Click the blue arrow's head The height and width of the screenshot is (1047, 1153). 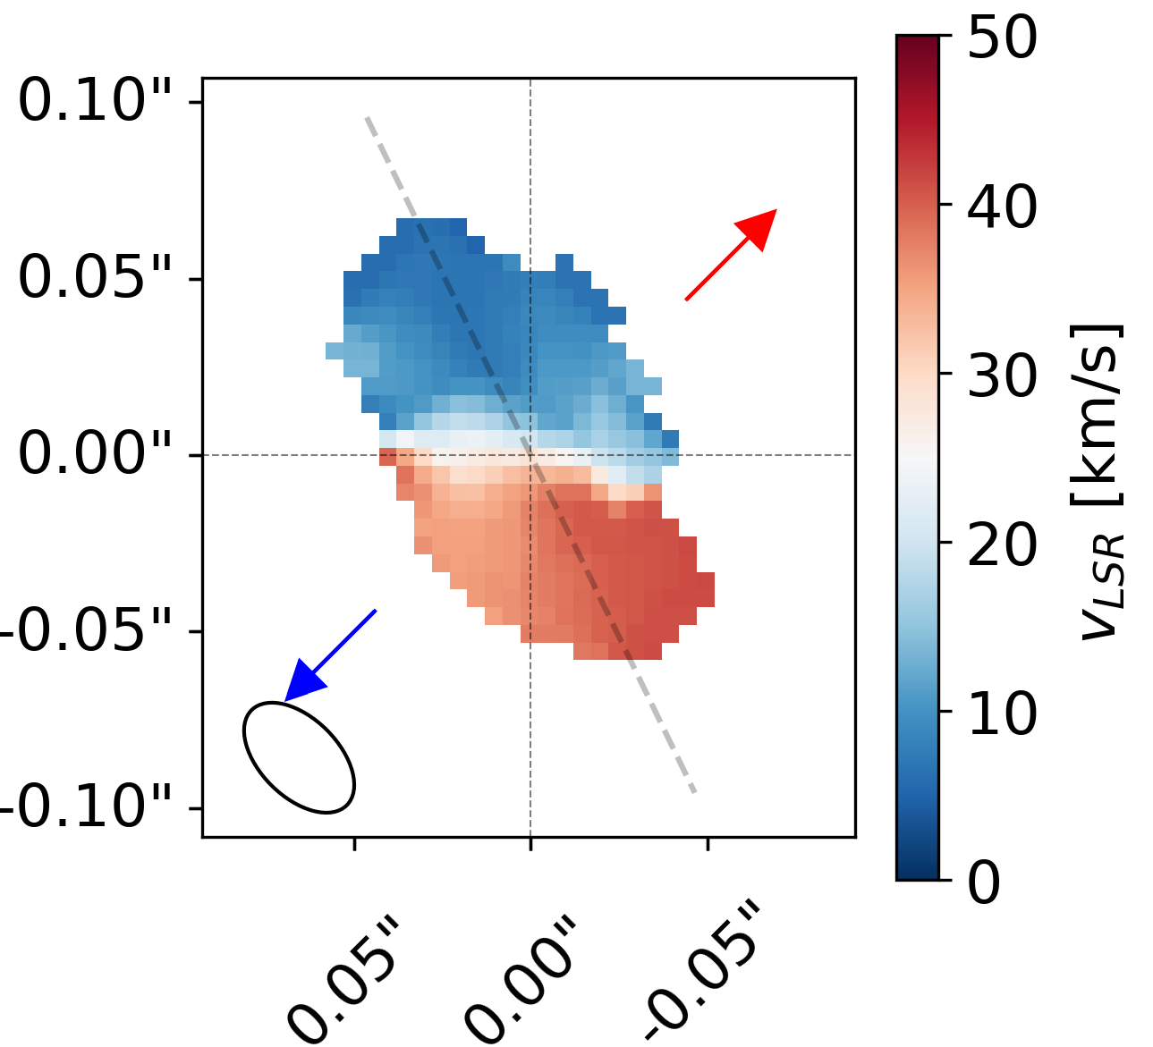point(301,681)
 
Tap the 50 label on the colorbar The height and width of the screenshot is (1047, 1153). point(1002,38)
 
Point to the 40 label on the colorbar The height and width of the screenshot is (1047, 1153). point(1002,207)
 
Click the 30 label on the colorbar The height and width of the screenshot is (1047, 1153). point(1002,376)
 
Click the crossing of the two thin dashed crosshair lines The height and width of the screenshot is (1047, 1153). point(530,455)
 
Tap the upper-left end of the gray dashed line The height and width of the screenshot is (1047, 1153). point(367,118)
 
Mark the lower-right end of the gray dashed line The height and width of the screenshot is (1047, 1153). point(694,792)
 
